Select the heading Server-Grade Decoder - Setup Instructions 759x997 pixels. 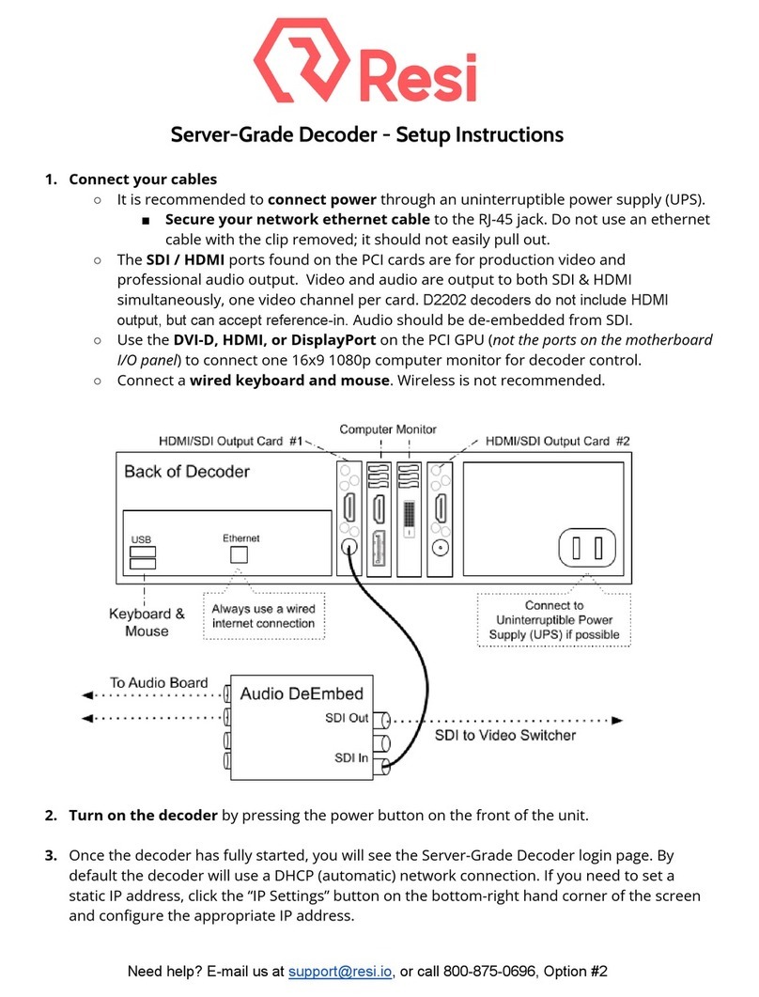click(x=366, y=134)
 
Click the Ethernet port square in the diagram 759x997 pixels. click(x=239, y=555)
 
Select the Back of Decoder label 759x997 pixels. click(x=187, y=471)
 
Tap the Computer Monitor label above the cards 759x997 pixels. click(x=388, y=429)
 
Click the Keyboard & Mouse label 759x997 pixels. click(x=147, y=622)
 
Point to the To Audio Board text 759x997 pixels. click(x=159, y=683)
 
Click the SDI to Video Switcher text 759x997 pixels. click(x=504, y=735)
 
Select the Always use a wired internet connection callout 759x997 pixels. click(x=264, y=615)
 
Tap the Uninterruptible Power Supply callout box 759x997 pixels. click(x=554, y=619)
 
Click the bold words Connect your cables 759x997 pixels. click(x=143, y=179)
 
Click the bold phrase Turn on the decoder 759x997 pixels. click(x=144, y=815)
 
